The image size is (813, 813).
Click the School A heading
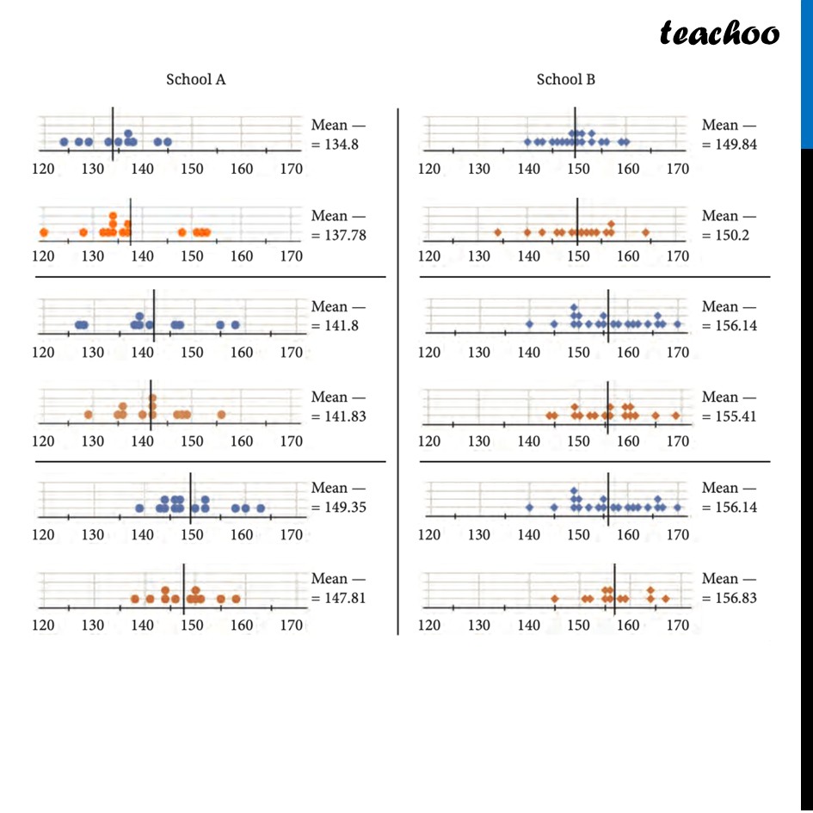[196, 80]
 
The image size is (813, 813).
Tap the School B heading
[565, 80]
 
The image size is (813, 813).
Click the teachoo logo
[719, 34]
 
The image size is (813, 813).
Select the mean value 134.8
[338, 145]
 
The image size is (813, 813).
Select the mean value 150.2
[728, 235]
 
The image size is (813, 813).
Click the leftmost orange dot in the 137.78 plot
[43, 232]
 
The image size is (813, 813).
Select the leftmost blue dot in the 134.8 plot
[64, 142]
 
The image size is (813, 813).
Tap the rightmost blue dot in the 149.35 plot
[261, 508]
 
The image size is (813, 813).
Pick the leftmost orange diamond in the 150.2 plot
[497, 232]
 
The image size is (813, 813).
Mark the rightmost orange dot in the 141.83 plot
[221, 415]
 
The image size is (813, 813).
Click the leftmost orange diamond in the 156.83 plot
[555, 599]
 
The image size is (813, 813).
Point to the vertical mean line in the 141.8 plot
[153, 315]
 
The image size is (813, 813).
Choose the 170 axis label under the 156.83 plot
[678, 625]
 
